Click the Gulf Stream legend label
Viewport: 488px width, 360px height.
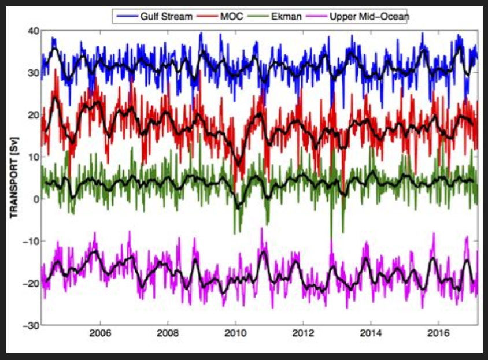(x=166, y=16)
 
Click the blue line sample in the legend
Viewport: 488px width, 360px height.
(x=125, y=17)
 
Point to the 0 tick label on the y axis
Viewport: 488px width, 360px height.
(x=35, y=199)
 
